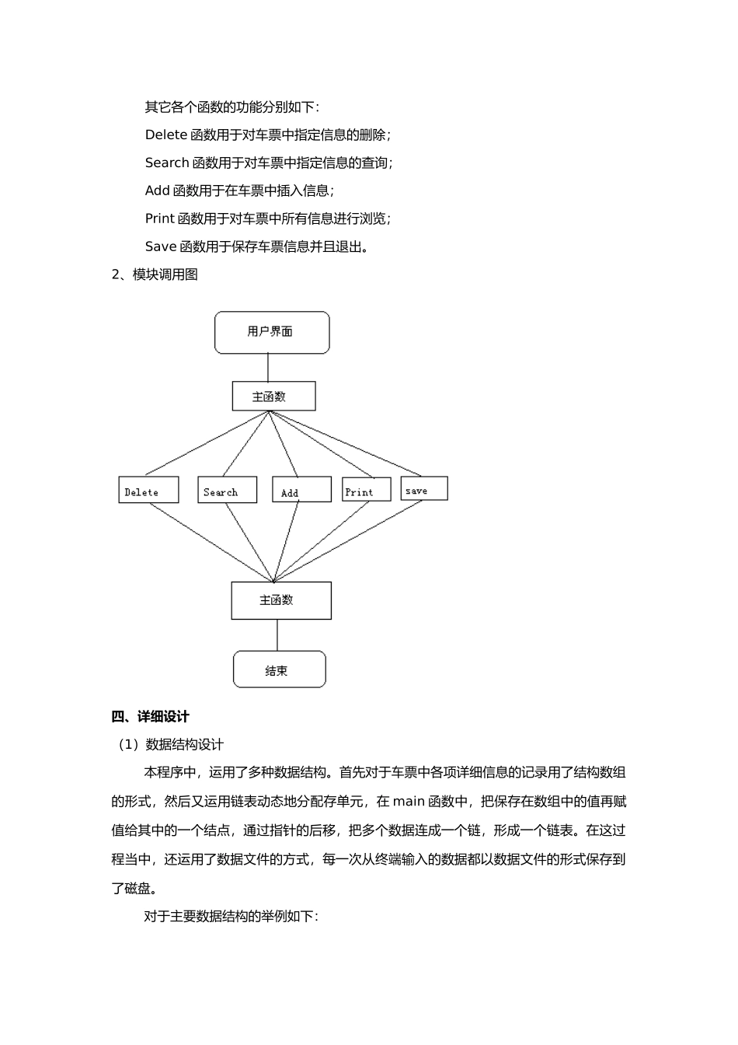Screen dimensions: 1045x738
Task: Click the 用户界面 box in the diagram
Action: pos(272,332)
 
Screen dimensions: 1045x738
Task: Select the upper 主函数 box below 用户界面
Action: pos(273,397)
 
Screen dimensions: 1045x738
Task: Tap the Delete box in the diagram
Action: pos(148,491)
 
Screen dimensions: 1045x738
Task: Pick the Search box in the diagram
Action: pos(227,491)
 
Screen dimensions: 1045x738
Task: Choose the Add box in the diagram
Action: pos(301,491)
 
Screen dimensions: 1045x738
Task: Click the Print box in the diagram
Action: pos(367,490)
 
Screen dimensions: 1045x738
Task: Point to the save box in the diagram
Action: pos(424,489)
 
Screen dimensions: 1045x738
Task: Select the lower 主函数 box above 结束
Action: pos(281,600)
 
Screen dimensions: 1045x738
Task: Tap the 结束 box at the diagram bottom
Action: pos(279,669)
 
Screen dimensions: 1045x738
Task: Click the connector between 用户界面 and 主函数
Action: pos(268,367)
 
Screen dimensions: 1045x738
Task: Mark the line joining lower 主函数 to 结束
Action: pos(277,635)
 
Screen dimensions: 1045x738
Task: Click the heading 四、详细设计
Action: pos(151,717)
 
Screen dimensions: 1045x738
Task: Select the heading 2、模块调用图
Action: pos(155,274)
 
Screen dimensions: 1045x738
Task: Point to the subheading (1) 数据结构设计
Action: pos(171,745)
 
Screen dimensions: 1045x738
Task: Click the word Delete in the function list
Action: pos(165,135)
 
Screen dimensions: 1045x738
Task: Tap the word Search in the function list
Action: pos(167,163)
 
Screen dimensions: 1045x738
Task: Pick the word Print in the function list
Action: pos(159,219)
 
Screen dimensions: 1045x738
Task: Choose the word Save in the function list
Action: pos(161,247)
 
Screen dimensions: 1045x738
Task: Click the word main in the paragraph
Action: pos(409,802)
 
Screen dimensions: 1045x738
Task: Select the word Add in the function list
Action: pos(157,191)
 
